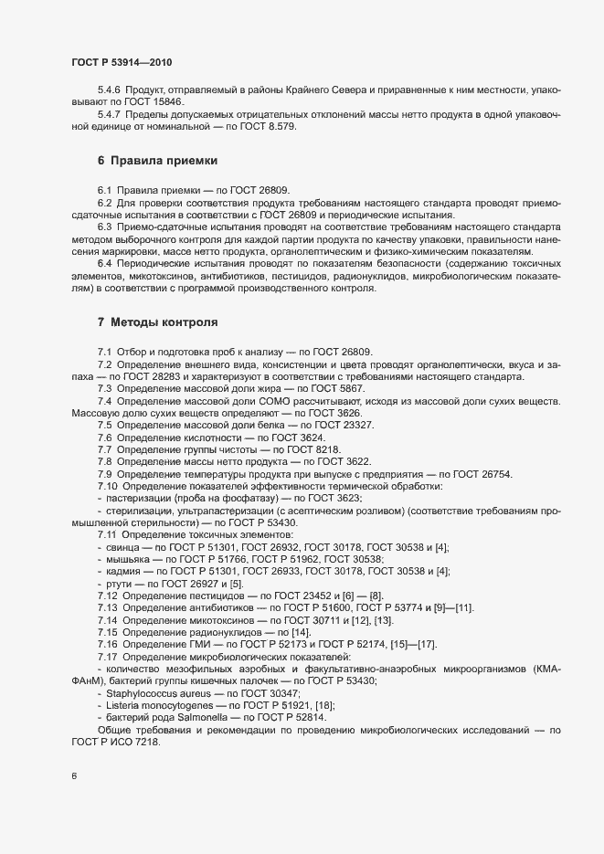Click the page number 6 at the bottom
(x=74, y=776)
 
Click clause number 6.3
(x=105, y=226)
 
